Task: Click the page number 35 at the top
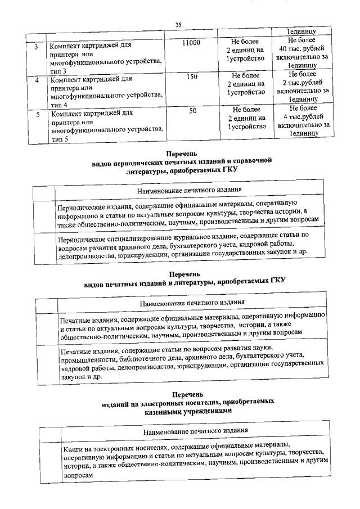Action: [x=179, y=24]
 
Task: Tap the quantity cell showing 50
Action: [x=192, y=111]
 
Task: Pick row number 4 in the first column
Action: [x=37, y=80]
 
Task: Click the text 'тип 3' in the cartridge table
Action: [x=57, y=72]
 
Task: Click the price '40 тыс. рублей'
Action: [x=302, y=49]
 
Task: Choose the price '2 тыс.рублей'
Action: [x=302, y=82]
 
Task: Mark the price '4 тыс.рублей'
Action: [x=303, y=116]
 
